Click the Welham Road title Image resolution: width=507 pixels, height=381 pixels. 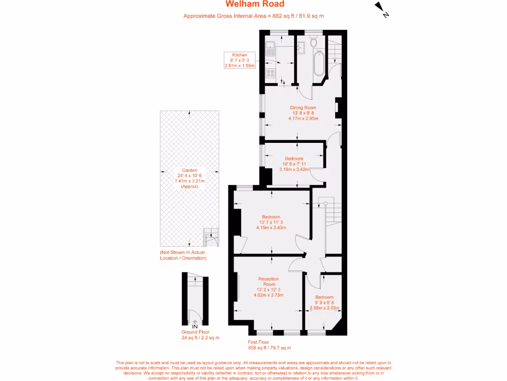[x=255, y=4]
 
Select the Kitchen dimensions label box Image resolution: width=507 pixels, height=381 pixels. [x=239, y=60]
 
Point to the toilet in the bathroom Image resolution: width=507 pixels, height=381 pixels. [x=313, y=43]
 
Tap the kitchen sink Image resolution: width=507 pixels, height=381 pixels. [x=270, y=49]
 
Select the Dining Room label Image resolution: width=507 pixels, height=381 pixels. [x=303, y=113]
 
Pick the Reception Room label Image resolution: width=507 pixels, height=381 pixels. [x=268, y=287]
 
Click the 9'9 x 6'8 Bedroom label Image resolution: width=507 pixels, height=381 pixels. [x=324, y=303]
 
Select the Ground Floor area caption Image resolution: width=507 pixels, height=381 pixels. [x=200, y=335]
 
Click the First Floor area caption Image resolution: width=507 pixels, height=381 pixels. [x=269, y=345]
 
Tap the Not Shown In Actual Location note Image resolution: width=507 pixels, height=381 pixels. [x=183, y=255]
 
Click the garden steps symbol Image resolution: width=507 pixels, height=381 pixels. [x=211, y=237]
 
